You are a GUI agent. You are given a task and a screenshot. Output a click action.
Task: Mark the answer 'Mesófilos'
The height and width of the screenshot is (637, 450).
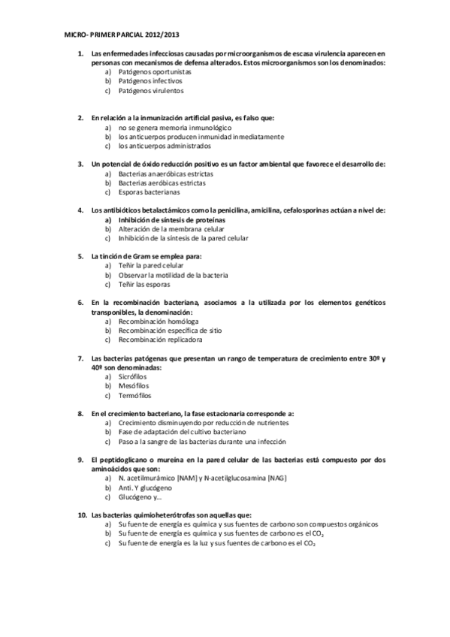pyautogui.click(x=134, y=385)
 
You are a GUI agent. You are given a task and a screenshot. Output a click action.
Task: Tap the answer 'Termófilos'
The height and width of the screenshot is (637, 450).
pyautogui.click(x=134, y=395)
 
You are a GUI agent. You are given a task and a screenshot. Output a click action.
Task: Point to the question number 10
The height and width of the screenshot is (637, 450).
pyautogui.click(x=82, y=515)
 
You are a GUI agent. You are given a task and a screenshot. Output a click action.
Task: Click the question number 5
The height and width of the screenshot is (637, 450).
pyautogui.click(x=80, y=256)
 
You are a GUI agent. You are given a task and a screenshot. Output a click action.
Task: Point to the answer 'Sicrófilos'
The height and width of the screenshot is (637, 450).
pyautogui.click(x=134, y=376)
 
